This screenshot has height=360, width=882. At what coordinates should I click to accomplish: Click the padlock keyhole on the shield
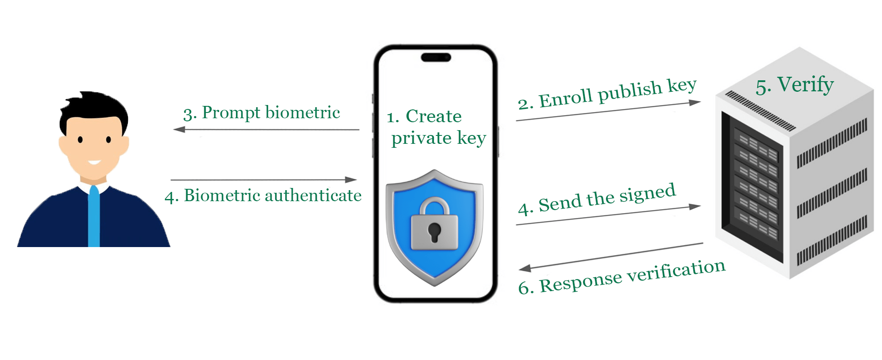click(x=434, y=231)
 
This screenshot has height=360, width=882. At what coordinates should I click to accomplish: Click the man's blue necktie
click(x=94, y=216)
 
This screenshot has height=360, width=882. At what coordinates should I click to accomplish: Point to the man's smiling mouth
click(x=94, y=162)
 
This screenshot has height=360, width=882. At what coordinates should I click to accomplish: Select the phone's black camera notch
click(x=436, y=57)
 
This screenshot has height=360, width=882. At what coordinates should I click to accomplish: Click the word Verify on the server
click(x=805, y=84)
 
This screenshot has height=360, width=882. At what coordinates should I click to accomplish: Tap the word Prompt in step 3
click(x=231, y=113)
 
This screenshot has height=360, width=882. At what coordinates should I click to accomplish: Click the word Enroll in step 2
click(x=565, y=98)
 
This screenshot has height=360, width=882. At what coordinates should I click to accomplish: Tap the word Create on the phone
click(x=434, y=116)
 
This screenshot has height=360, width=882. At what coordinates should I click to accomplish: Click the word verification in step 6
click(x=676, y=270)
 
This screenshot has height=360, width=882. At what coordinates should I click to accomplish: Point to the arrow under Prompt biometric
click(x=266, y=130)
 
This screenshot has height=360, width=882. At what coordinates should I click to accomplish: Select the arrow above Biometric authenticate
click(x=263, y=180)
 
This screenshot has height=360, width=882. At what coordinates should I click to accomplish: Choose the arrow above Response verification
click(x=611, y=256)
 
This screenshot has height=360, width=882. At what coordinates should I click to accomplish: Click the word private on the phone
click(x=421, y=139)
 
